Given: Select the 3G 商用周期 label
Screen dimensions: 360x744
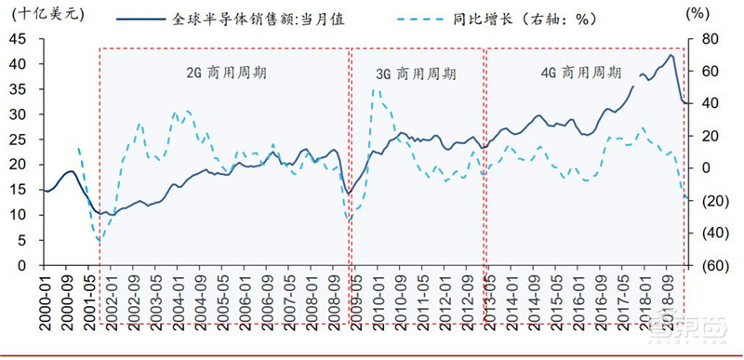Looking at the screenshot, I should [x=416, y=72].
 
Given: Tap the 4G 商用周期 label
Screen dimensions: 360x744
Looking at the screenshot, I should [x=581, y=72].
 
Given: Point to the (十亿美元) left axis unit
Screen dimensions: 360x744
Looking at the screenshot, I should [x=34, y=13].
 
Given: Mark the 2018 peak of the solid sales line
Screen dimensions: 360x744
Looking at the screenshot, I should [x=671, y=55].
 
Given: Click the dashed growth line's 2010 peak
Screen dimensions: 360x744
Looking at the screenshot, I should [x=375, y=89].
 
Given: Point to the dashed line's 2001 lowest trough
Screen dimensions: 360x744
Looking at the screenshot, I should [x=99, y=241].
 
